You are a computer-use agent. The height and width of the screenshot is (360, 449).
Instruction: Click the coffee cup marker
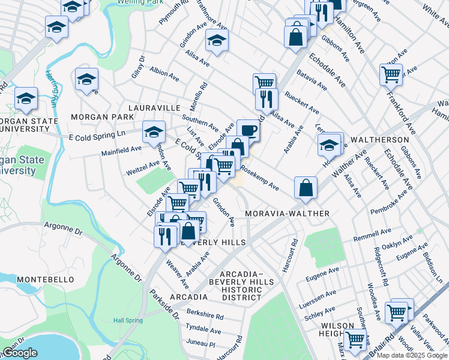pyautogui.click(x=248, y=130)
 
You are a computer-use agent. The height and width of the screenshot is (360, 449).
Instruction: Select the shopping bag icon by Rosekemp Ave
pyautogui.click(x=306, y=187)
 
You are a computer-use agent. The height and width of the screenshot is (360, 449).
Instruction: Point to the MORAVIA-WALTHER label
pyautogui.click(x=288, y=214)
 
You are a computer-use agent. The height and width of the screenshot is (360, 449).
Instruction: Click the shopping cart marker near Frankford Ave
pyautogui.click(x=391, y=75)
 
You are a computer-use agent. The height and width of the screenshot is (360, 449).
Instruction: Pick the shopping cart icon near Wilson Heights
pyautogui.click(x=355, y=339)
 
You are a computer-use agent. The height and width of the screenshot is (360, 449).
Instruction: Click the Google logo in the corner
pyautogui.click(x=20, y=353)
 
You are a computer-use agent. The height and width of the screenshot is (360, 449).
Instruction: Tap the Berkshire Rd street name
pyautogui.click(x=205, y=316)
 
